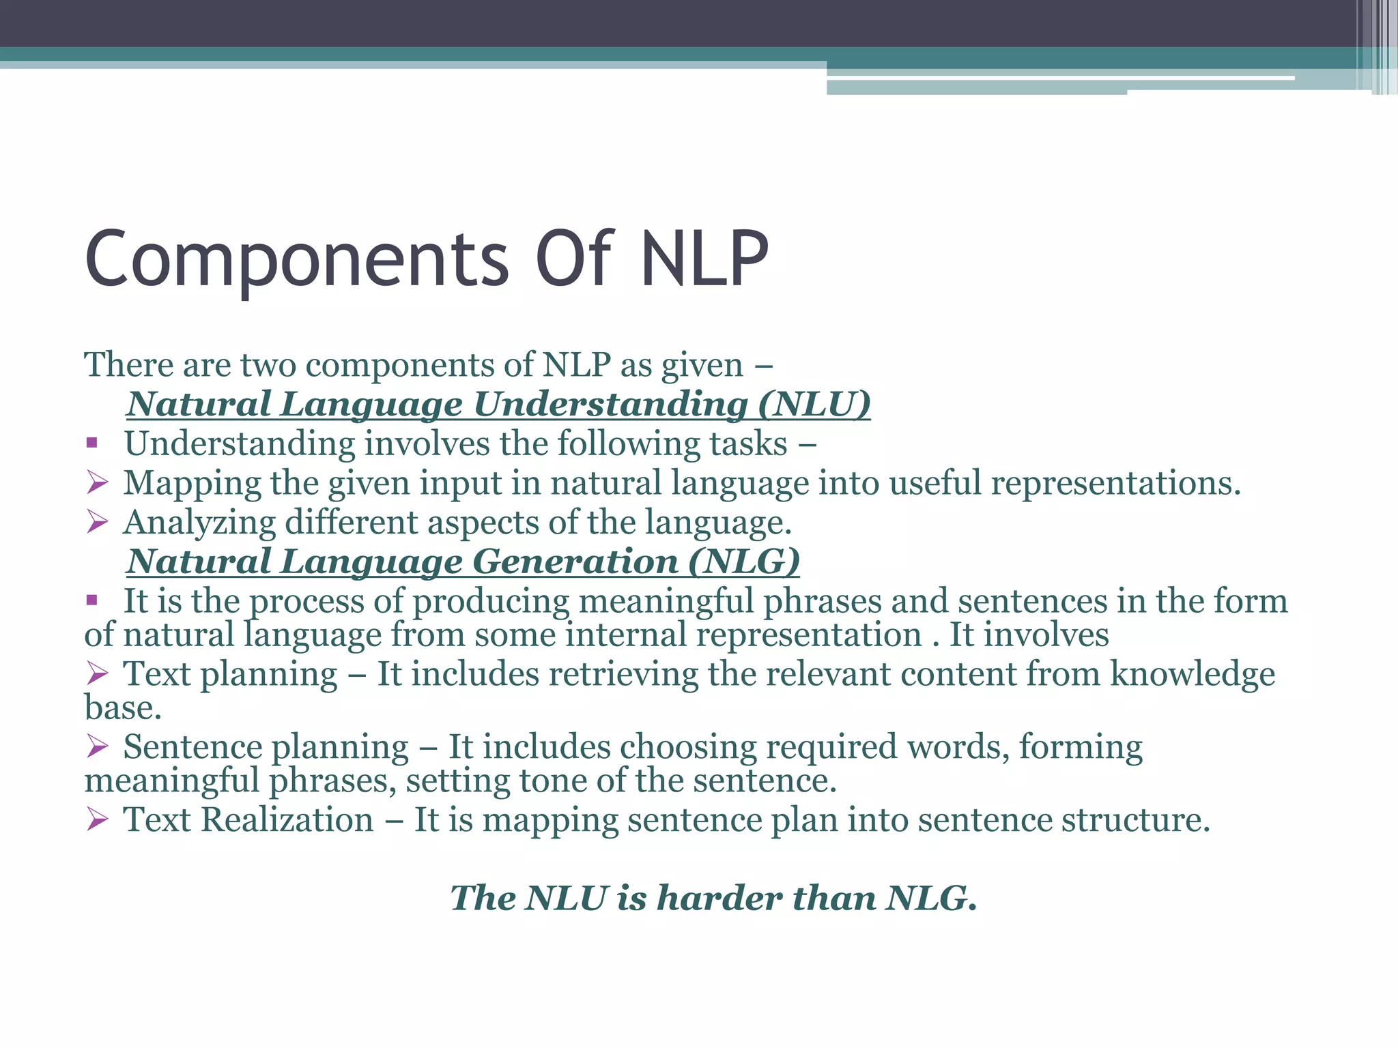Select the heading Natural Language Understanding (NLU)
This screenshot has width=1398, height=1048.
click(x=498, y=404)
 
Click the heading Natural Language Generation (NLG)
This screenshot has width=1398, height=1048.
click(x=463, y=562)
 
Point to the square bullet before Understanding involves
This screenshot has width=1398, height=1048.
click(x=92, y=444)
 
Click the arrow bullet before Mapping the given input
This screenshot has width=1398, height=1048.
click(x=98, y=483)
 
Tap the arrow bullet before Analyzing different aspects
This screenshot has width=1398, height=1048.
click(x=98, y=523)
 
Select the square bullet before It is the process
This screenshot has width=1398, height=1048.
click(x=92, y=601)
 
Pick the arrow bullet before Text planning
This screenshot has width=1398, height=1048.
click(x=98, y=674)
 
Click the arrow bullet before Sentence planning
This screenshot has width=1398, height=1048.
click(x=98, y=747)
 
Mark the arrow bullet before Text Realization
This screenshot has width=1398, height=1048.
click(x=98, y=819)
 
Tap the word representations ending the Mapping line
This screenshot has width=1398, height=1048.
click(x=1115, y=483)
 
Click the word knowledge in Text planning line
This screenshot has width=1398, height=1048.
click(x=1192, y=674)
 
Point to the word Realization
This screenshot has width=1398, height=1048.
click(x=287, y=819)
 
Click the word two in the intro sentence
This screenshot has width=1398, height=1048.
click(x=268, y=365)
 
